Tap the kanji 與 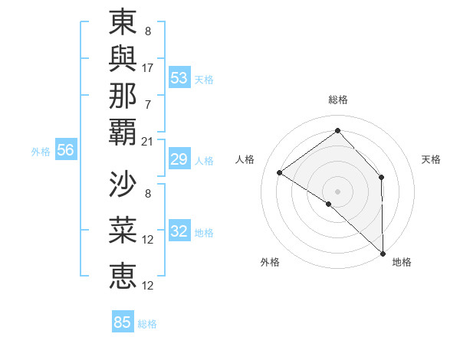(x=123, y=59)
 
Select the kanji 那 (x=123, y=96)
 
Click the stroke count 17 (x=148, y=67)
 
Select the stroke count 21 (x=148, y=141)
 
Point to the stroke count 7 (x=148, y=104)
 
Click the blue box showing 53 (x=179, y=77)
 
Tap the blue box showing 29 (x=179, y=159)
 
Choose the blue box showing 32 (x=179, y=231)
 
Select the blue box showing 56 (x=65, y=150)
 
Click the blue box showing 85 (x=123, y=322)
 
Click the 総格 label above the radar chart (x=338, y=100)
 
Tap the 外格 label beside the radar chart (x=270, y=262)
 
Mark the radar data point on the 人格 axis (x=280, y=173)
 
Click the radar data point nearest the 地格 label (x=383, y=254)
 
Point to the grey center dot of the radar (x=337, y=191)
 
